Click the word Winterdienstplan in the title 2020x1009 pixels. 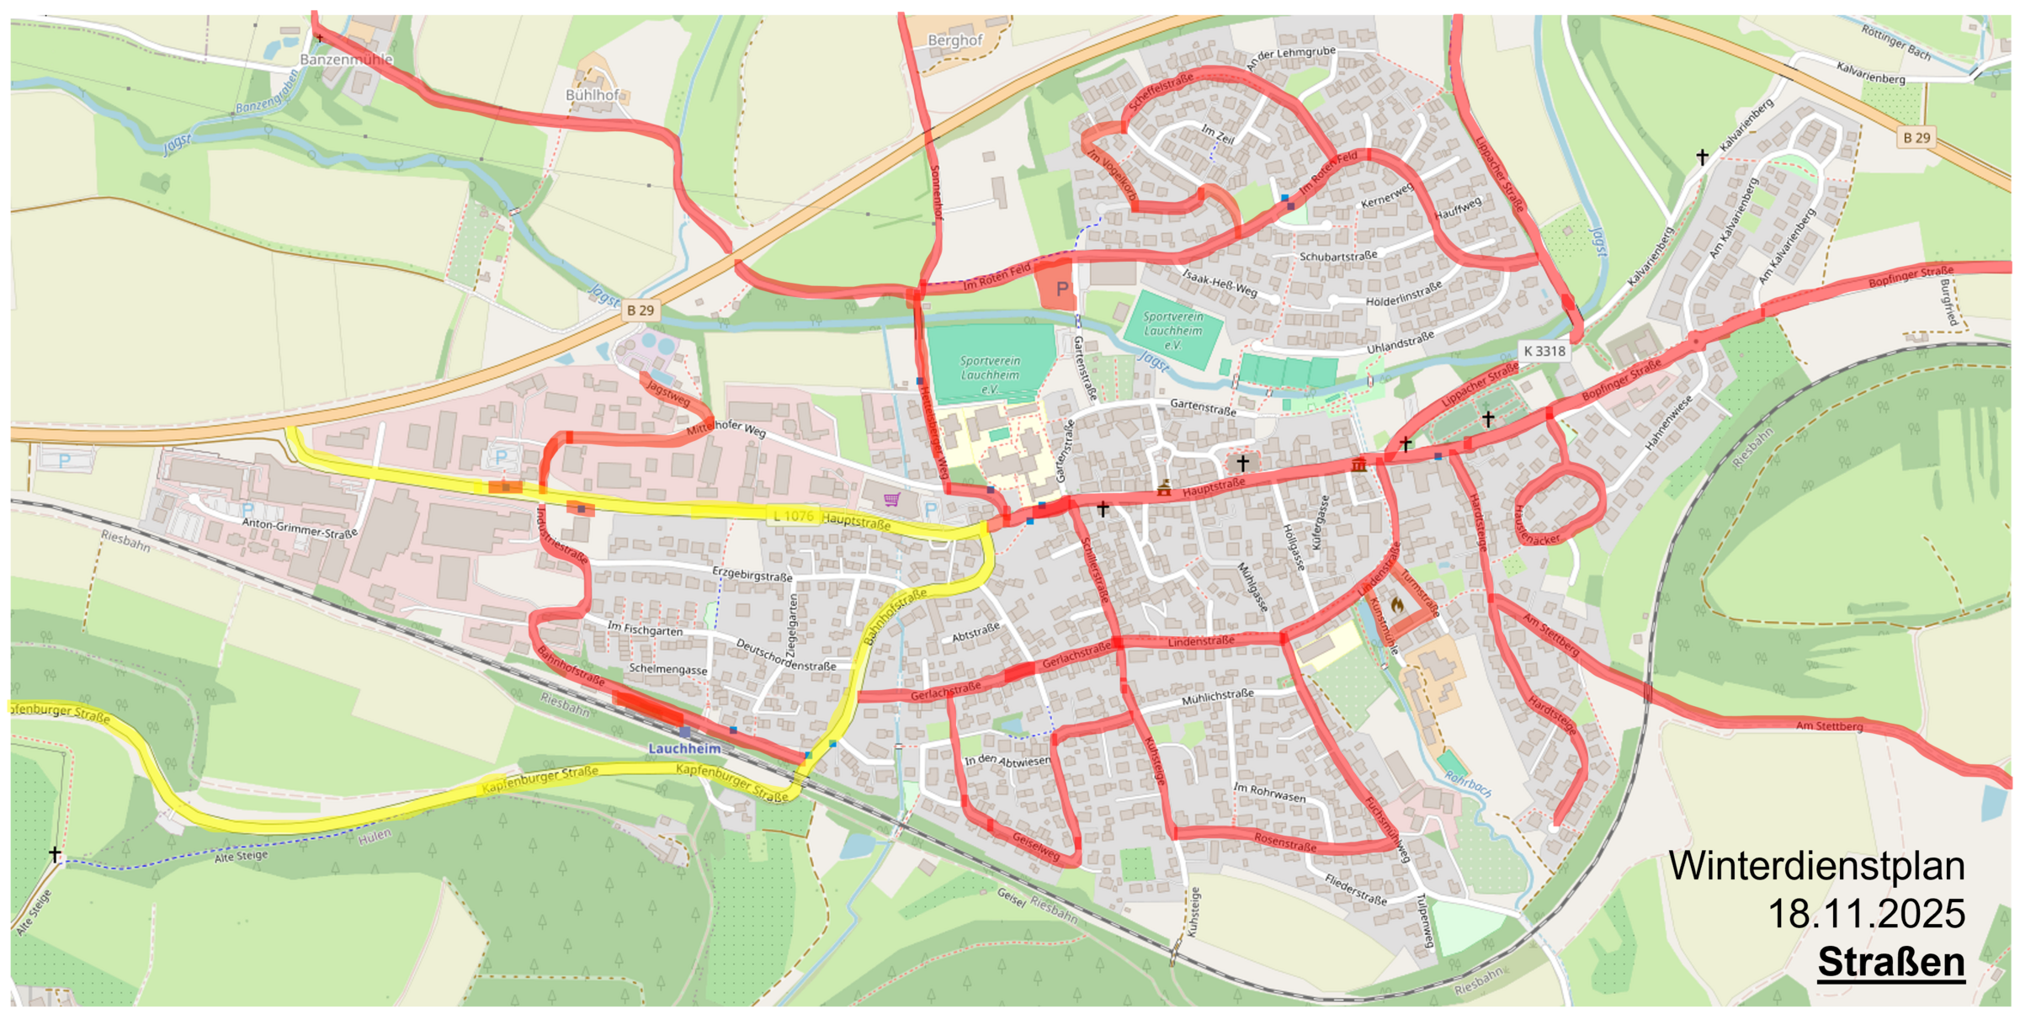tap(1816, 867)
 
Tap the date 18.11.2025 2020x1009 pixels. tap(1866, 914)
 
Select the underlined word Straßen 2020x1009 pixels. tap(1890, 962)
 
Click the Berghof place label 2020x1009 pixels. tap(954, 40)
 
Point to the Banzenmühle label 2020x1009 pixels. tap(346, 60)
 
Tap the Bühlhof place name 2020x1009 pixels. tap(592, 95)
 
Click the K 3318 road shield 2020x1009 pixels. tap(1544, 351)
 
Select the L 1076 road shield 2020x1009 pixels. tap(793, 516)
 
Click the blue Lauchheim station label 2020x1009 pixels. tap(684, 748)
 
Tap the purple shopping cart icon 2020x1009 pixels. tap(891, 500)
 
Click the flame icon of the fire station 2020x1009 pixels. tap(1397, 604)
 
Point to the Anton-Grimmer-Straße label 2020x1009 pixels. tap(300, 528)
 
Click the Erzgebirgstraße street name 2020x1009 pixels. tap(752, 575)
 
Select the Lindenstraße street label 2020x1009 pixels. tap(1201, 641)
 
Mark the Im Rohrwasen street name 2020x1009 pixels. tap(1269, 792)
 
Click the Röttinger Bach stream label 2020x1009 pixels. tap(1895, 42)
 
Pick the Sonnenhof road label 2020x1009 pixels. tap(936, 193)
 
